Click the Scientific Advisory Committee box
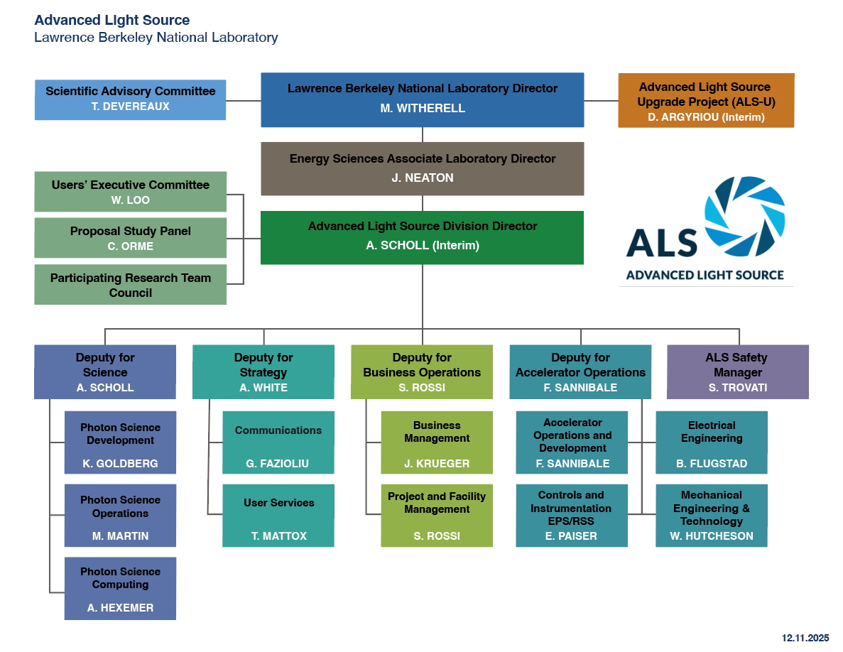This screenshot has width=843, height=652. tap(131, 99)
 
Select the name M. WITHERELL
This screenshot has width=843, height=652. tap(422, 109)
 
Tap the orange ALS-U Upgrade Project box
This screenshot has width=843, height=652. tap(705, 100)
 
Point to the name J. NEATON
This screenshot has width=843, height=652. tap(422, 178)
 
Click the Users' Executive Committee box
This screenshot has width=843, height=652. tap(131, 192)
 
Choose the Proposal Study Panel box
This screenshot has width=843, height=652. tap(131, 238)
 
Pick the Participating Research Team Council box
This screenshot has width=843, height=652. tap(131, 285)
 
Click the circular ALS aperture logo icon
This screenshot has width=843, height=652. tap(744, 216)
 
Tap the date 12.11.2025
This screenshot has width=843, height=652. tap(805, 639)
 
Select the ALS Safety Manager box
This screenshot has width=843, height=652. tap(737, 372)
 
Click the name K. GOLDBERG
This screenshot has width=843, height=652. tap(120, 464)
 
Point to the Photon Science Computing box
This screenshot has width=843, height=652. tap(120, 588)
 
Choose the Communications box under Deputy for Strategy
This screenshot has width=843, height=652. tap(278, 442)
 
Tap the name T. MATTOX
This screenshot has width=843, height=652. tap(278, 536)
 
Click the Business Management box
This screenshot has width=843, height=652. tap(437, 442)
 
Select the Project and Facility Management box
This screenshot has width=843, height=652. tap(437, 515)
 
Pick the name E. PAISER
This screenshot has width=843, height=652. tap(572, 536)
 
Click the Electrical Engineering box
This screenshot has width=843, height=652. tap(712, 442)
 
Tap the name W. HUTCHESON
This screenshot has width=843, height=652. tap(712, 536)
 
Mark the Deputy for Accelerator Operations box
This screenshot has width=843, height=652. tap(580, 372)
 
